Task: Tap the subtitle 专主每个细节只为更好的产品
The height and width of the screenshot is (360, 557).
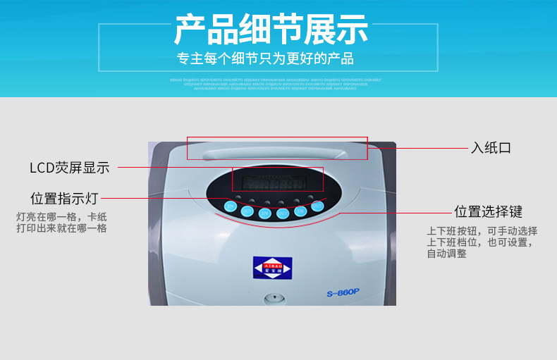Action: pyautogui.click(x=265, y=58)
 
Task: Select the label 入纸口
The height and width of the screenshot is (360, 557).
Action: pyautogui.click(x=491, y=148)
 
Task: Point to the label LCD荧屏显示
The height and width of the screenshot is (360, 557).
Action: pyautogui.click(x=69, y=168)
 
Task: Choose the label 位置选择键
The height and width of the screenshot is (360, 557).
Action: pyautogui.click(x=488, y=211)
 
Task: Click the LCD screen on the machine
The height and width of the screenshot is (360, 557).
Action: pyautogui.click(x=277, y=182)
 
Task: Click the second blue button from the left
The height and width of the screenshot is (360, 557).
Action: pyautogui.click(x=247, y=211)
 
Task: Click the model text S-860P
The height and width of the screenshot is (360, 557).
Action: pyautogui.click(x=343, y=293)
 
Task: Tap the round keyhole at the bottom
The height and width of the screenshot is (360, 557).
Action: pyautogui.click(x=273, y=298)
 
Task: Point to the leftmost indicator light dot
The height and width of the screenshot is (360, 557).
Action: pyautogui.click(x=238, y=198)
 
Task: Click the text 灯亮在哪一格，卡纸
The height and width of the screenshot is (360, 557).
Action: pyautogui.click(x=61, y=216)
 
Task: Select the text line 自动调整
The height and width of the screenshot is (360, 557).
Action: pyautogui.click(x=446, y=254)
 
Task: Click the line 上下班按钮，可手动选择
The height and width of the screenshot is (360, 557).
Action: pyautogui.click(x=482, y=230)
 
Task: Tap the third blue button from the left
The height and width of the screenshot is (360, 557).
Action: pyautogui.click(x=265, y=213)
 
